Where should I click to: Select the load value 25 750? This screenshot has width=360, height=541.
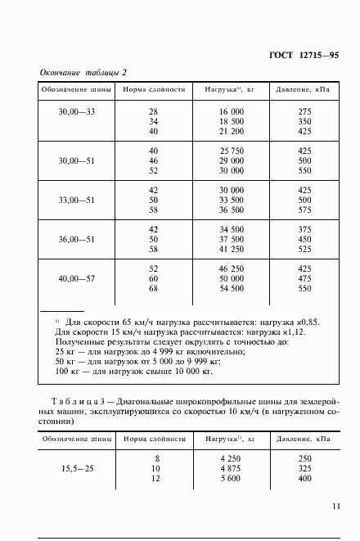click(x=230, y=151)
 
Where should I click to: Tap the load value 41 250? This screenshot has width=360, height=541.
click(x=230, y=250)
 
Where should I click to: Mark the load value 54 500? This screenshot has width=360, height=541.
click(x=230, y=289)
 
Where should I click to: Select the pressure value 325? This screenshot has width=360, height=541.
click(x=306, y=471)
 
